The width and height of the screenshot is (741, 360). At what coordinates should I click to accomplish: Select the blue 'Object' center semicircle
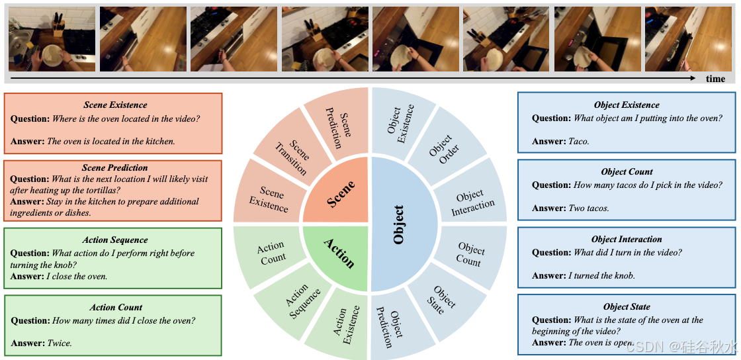(x=401, y=224)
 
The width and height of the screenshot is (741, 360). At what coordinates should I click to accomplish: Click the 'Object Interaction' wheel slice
(x=472, y=203)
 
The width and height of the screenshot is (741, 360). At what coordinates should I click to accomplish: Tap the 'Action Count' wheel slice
(x=271, y=252)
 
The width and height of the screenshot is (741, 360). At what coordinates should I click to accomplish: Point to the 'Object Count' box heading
(x=627, y=171)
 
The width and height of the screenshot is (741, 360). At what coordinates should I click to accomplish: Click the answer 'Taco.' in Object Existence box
(x=578, y=141)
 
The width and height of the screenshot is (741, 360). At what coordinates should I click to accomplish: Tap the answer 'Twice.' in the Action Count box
(x=59, y=343)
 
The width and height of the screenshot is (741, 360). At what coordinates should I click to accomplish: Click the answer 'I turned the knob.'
(x=601, y=275)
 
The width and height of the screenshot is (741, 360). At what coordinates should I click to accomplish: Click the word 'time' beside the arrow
(x=715, y=79)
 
